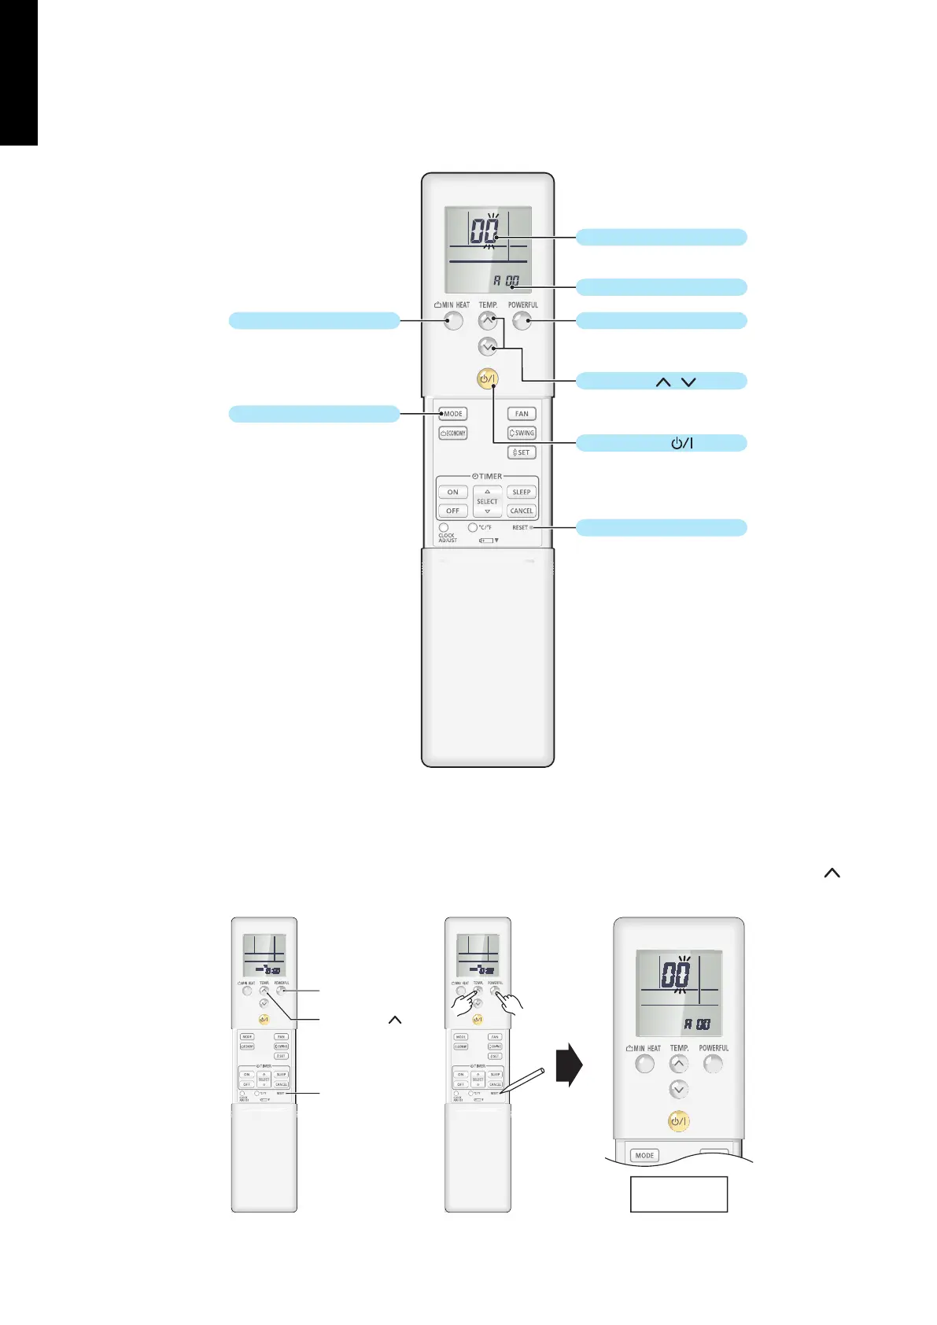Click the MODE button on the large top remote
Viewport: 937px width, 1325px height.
pyautogui.click(x=452, y=414)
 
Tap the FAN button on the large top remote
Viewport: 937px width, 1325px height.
pyautogui.click(x=522, y=414)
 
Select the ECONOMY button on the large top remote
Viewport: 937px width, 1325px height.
pyautogui.click(x=453, y=433)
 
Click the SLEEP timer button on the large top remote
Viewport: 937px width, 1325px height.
pyautogui.click(x=522, y=492)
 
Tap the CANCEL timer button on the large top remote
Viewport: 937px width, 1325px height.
pyautogui.click(x=522, y=511)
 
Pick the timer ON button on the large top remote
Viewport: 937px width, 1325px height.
pyautogui.click(x=452, y=492)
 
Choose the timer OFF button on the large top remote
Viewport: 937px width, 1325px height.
pyautogui.click(x=452, y=511)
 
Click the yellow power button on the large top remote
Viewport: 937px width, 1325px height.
pyautogui.click(x=488, y=378)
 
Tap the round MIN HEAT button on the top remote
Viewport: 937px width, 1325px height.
pyautogui.click(x=453, y=320)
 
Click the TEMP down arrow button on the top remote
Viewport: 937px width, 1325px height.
pyautogui.click(x=488, y=346)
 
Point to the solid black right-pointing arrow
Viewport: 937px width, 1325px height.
pyautogui.click(x=569, y=1065)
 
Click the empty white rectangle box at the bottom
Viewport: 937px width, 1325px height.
pyautogui.click(x=678, y=1194)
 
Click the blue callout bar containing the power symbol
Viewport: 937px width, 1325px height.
pyautogui.click(x=661, y=443)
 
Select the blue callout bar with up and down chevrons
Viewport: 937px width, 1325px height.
pyautogui.click(x=661, y=382)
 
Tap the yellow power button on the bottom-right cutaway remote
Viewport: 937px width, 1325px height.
pyautogui.click(x=678, y=1121)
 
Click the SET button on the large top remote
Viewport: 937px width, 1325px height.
pyautogui.click(x=522, y=452)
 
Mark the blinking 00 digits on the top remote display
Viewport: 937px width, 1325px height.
pyautogui.click(x=485, y=231)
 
